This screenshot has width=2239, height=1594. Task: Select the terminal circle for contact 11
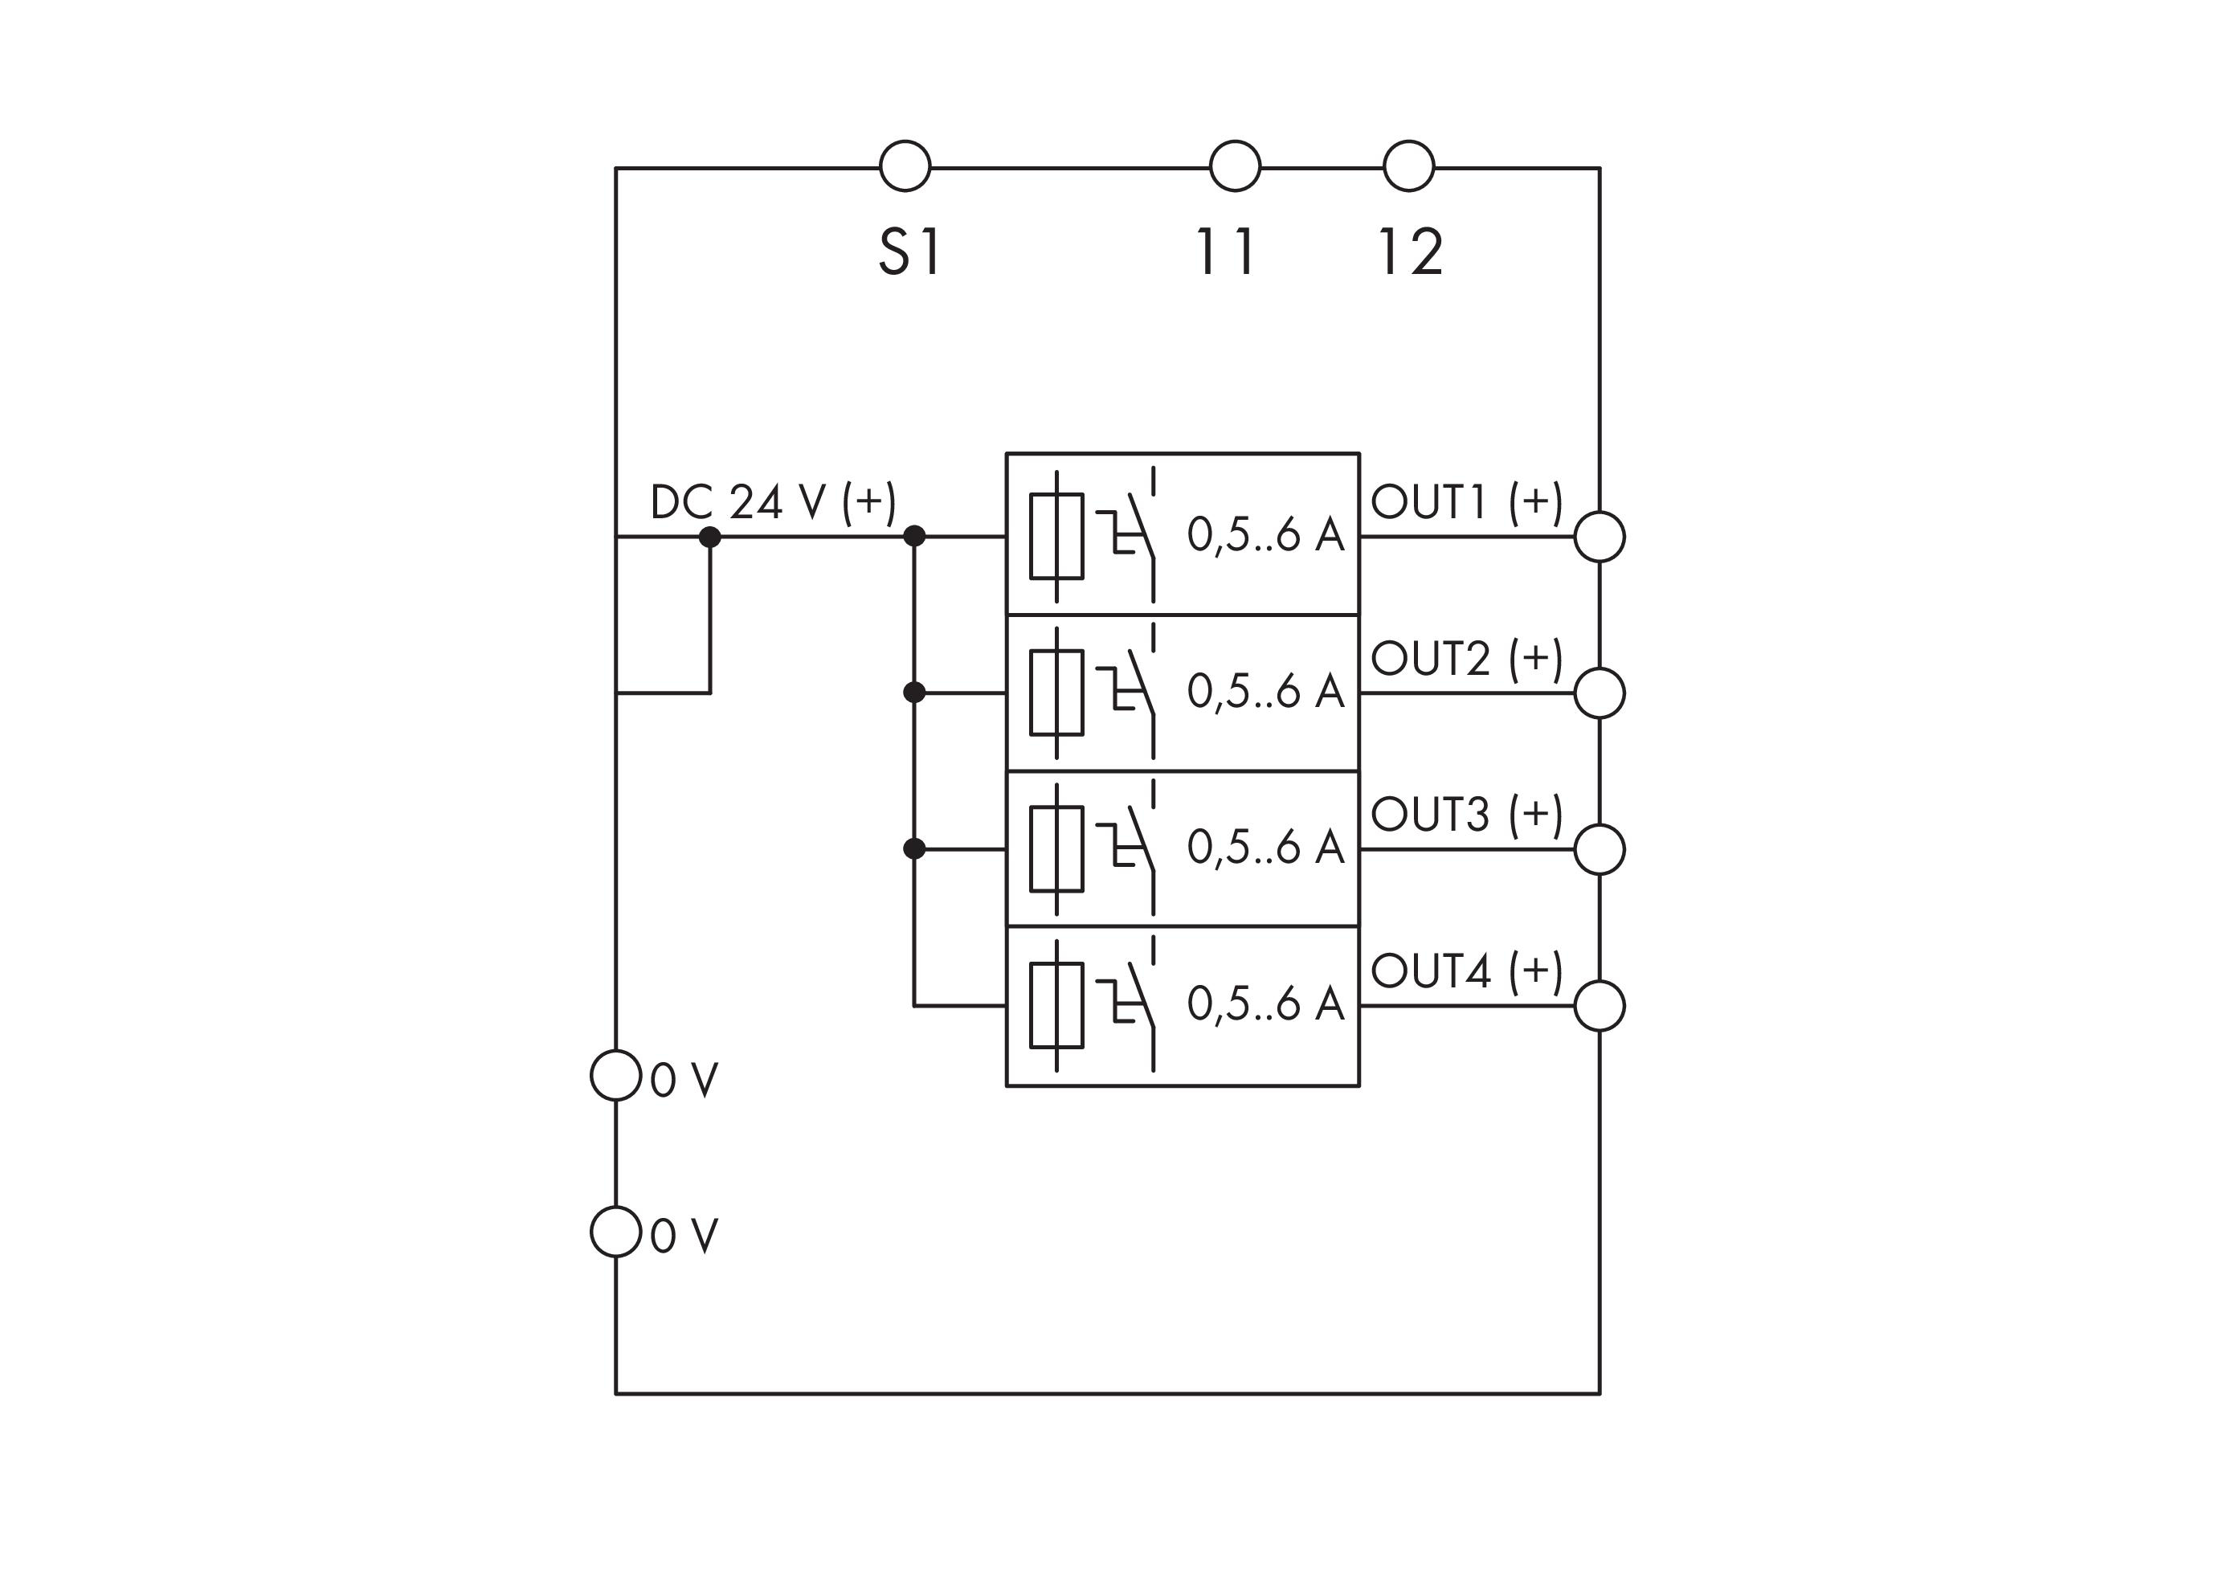(x=1234, y=166)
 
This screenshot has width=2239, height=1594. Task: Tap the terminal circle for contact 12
(x=1408, y=166)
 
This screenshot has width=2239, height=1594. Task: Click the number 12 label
(x=1410, y=251)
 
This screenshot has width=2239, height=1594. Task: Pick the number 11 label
(x=1225, y=251)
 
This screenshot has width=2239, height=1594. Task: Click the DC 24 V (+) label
(x=773, y=502)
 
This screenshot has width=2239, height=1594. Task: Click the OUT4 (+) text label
(x=1466, y=971)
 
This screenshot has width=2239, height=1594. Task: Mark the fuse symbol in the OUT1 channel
(x=1056, y=536)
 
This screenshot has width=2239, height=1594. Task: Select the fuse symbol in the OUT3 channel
(x=1056, y=849)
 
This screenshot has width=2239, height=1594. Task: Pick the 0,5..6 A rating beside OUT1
(x=1265, y=535)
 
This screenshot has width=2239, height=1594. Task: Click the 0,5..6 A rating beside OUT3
(x=1265, y=847)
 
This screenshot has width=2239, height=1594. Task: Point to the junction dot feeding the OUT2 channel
(x=914, y=693)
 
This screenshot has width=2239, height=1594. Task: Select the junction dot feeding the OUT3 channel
(x=914, y=849)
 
